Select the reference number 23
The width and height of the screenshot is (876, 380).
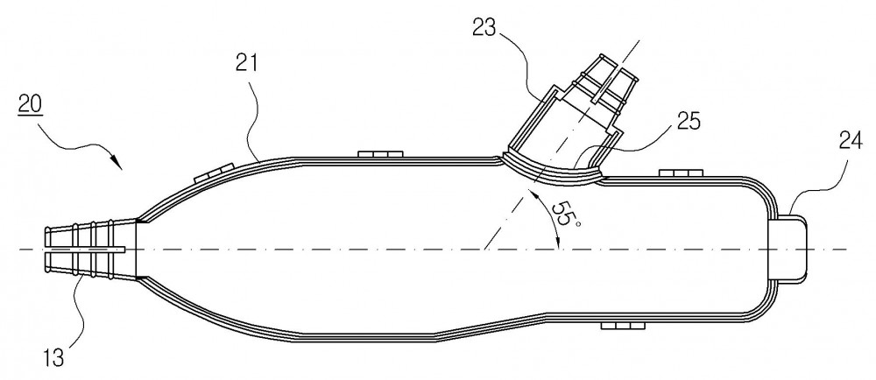click(484, 27)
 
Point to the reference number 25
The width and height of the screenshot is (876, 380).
click(689, 121)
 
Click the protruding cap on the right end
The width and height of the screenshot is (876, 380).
click(789, 249)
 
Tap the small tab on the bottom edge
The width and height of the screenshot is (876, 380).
click(623, 325)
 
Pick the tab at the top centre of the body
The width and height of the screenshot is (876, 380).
click(380, 153)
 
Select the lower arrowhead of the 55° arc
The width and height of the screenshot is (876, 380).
click(558, 241)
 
